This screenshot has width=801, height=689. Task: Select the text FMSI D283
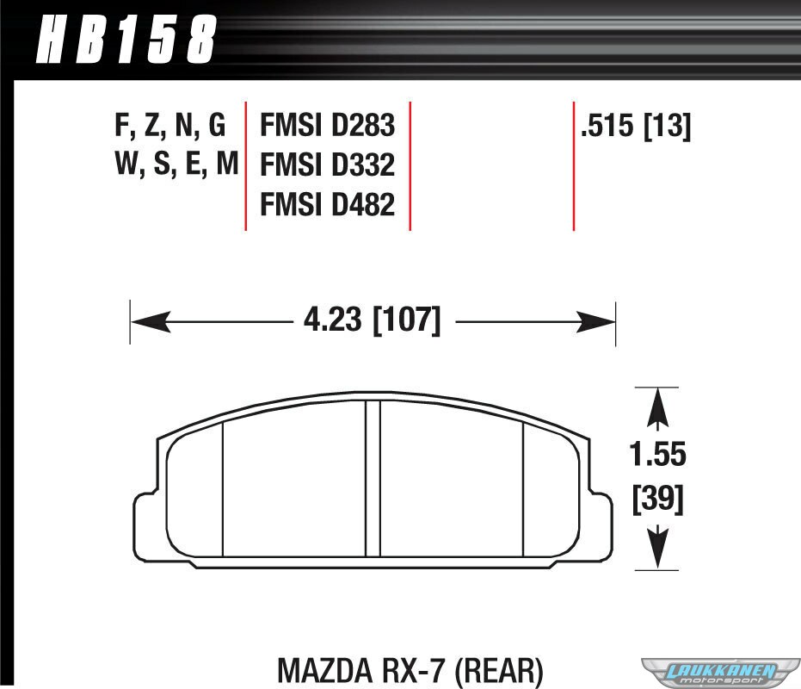coord(328,125)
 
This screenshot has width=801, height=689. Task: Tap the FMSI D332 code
coord(328,164)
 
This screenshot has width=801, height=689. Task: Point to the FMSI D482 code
coord(328,204)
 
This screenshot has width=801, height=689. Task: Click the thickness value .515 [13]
coord(636,126)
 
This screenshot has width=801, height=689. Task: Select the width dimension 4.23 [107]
coord(372,320)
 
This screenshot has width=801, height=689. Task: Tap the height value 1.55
coord(657,454)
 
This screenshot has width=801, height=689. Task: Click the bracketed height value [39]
coord(658,500)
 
